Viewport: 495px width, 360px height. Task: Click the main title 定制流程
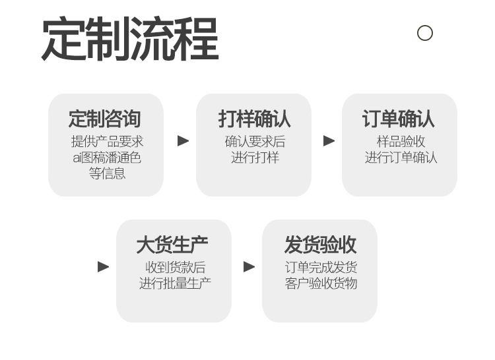pos(130,38)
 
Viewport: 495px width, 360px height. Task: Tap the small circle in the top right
pos(424,33)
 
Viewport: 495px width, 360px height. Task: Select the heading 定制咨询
pos(105,119)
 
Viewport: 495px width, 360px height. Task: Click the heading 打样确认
pos(254,119)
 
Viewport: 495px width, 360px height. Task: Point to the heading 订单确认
pos(399,119)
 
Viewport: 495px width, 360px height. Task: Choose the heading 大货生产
pos(172,245)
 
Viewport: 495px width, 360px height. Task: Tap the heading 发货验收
pos(320,245)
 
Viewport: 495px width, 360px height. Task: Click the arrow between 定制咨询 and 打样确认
pos(183,140)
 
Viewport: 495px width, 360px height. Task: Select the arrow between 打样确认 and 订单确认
pos(329,140)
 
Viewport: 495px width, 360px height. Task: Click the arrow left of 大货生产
pos(103,266)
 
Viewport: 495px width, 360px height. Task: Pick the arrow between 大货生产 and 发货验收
pos(249,266)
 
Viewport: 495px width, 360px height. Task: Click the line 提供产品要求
pos(107,142)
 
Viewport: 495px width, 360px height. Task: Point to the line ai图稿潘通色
pos(107,158)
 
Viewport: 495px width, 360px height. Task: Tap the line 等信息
pos(107,173)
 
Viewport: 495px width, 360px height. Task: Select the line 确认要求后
pos(255,142)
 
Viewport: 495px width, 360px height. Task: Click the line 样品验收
pos(401,142)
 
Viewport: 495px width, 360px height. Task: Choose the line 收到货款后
pos(175,268)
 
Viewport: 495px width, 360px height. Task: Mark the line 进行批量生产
pos(175,284)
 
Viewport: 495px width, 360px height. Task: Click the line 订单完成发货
pos(321,268)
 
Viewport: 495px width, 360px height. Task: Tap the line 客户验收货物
pos(321,284)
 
